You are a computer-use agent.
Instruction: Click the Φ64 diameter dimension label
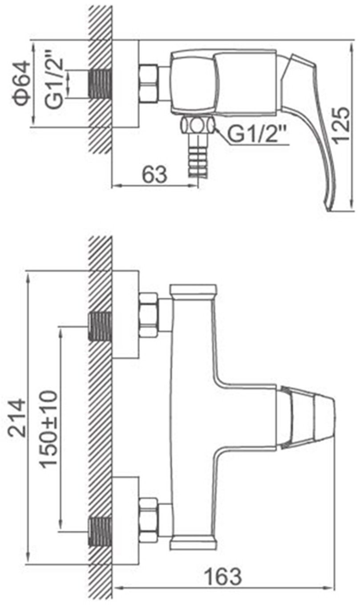click(x=20, y=83)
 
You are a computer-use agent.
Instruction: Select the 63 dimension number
click(x=154, y=175)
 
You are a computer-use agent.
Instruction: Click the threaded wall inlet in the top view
click(x=100, y=84)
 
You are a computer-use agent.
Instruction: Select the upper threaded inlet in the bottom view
click(x=100, y=326)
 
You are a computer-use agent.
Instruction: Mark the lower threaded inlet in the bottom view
click(x=100, y=532)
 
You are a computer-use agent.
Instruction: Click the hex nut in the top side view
click(x=148, y=83)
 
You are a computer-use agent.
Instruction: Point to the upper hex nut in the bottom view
click(x=148, y=315)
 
